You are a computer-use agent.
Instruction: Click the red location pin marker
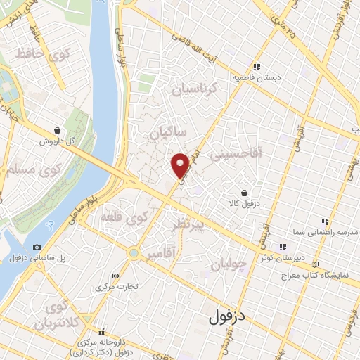pos(181,165)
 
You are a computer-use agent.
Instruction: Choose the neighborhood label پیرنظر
pos(188,226)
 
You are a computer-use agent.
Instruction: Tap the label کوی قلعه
pos(126,217)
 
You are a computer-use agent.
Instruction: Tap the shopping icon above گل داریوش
pos(56,130)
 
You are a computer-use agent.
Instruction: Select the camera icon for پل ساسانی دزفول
pos(37,247)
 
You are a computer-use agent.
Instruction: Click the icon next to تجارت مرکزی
pos(116,276)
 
